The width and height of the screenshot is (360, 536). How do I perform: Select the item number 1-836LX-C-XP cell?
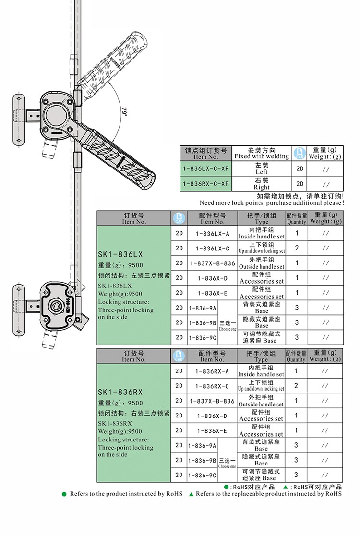[x=206, y=168]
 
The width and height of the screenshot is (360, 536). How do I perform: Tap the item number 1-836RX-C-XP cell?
[x=206, y=184]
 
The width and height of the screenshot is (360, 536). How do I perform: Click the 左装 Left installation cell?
[x=262, y=168]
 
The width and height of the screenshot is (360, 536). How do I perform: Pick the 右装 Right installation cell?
[x=262, y=184]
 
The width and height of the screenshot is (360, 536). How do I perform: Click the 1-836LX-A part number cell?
[x=213, y=234]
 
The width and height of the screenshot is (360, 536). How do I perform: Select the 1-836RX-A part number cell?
[x=212, y=371]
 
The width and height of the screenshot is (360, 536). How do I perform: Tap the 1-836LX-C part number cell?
[x=213, y=249]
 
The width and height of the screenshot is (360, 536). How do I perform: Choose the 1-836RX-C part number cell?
[x=212, y=386]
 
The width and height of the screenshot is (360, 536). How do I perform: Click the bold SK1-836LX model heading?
[x=120, y=254]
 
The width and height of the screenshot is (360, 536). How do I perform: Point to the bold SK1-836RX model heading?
[x=120, y=392]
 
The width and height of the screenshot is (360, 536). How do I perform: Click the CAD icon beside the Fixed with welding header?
[x=300, y=153]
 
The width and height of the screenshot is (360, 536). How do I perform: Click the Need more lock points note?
[x=272, y=202]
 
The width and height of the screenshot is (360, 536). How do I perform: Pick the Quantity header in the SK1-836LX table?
[x=297, y=218]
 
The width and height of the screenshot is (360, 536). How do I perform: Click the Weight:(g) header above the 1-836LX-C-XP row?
[x=325, y=153]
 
